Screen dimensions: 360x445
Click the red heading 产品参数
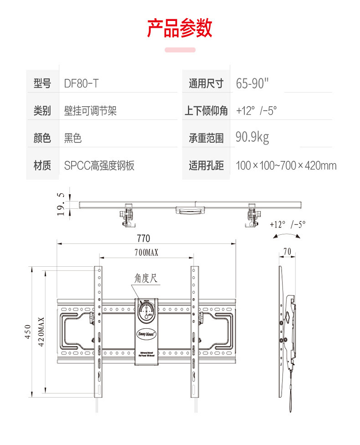tap(180, 28)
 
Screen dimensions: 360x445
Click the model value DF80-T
tap(82, 83)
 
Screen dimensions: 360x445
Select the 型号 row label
tap(42, 83)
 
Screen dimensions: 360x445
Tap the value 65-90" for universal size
tap(252, 83)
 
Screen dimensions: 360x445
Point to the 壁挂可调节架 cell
tap(90, 110)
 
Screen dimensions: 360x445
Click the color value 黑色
tap(73, 138)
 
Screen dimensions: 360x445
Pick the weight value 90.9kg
tap(252, 137)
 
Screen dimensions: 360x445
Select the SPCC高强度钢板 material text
tap(99, 165)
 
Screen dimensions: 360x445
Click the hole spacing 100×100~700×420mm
tap(286, 165)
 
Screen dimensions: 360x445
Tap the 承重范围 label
tap(206, 138)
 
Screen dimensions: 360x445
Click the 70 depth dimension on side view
tap(287, 252)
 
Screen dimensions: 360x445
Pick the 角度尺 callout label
tap(146, 278)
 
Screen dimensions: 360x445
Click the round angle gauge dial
tap(146, 312)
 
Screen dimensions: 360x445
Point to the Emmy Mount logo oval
tap(146, 333)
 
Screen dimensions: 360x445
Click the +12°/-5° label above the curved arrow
tap(288, 224)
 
